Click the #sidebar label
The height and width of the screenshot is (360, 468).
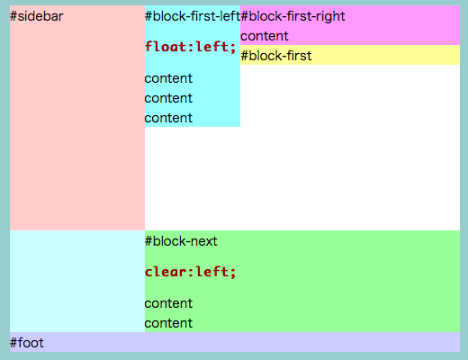pyautogui.click(x=37, y=16)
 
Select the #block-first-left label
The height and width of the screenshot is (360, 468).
pyautogui.click(x=193, y=16)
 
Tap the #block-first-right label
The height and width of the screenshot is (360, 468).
pyautogui.click(x=292, y=17)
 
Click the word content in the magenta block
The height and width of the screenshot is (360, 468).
pyautogui.click(x=265, y=36)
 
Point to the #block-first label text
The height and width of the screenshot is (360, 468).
pyautogui.click(x=276, y=56)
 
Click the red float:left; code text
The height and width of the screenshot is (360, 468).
pyautogui.click(x=191, y=47)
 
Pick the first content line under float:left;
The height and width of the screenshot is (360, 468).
pyautogui.click(x=168, y=78)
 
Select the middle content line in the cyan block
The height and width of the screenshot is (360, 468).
pyautogui.click(x=168, y=98)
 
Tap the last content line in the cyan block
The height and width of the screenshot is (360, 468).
pyautogui.click(x=168, y=118)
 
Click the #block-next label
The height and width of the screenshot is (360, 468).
pyautogui.click(x=181, y=241)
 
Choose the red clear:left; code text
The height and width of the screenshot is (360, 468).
pyautogui.click(x=191, y=272)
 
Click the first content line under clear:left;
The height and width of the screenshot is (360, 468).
pyautogui.click(x=168, y=303)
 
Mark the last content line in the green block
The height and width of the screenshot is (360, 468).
pyautogui.click(x=168, y=323)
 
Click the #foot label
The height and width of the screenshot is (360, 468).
pyautogui.click(x=27, y=343)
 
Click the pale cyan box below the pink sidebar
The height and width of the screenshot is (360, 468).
pyautogui.click(x=77, y=281)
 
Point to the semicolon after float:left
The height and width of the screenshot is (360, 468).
pyautogui.click(x=233, y=49)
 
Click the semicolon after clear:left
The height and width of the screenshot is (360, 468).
pyautogui.click(x=233, y=274)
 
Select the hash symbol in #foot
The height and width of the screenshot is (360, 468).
pyautogui.click(x=13, y=343)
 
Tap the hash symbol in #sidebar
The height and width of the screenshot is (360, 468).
pyautogui.click(x=13, y=16)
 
